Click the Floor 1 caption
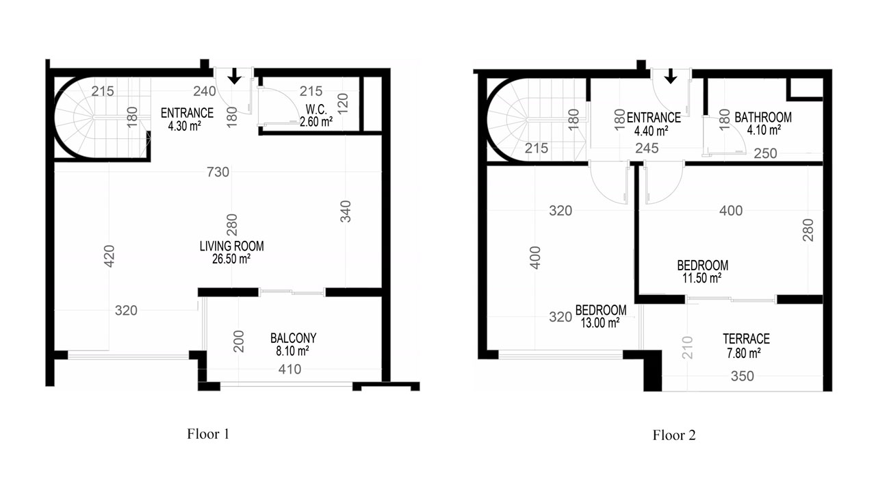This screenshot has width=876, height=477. click(x=208, y=434)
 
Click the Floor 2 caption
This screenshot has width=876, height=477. click(x=674, y=435)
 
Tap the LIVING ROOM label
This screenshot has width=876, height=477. click(x=231, y=246)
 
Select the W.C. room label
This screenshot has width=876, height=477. click(x=316, y=109)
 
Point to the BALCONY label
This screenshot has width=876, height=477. click(x=294, y=338)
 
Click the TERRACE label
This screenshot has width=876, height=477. click(x=746, y=339)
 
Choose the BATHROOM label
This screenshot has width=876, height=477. click(x=763, y=117)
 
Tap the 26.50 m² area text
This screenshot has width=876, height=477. click(x=231, y=259)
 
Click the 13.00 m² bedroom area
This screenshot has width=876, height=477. click(x=600, y=323)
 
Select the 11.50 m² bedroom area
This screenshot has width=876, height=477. click(x=702, y=278)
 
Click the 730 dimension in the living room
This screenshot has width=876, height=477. click(x=218, y=172)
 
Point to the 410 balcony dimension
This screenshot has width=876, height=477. click(x=289, y=370)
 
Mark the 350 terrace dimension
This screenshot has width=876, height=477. click(x=743, y=376)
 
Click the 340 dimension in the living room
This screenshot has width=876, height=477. click(x=346, y=211)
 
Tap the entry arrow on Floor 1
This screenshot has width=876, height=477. click(x=234, y=76)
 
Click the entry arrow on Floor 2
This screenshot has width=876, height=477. click(x=671, y=76)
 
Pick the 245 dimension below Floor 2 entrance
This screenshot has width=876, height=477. click(x=647, y=149)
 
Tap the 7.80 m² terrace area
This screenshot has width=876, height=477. click(x=743, y=353)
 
